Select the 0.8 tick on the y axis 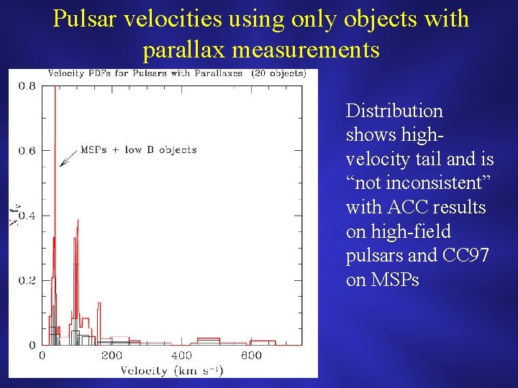coord(27,86)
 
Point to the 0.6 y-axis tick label coord(27,150)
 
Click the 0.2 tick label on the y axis coord(27,280)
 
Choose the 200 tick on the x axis coord(111,356)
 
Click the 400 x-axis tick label coord(181,356)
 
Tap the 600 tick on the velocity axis coord(251,356)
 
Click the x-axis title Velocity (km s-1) coord(171,370)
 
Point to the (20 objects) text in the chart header coord(278,73)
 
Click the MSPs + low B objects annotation coord(137,150)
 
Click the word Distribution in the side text coord(394,111)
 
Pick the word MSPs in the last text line coord(394,280)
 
